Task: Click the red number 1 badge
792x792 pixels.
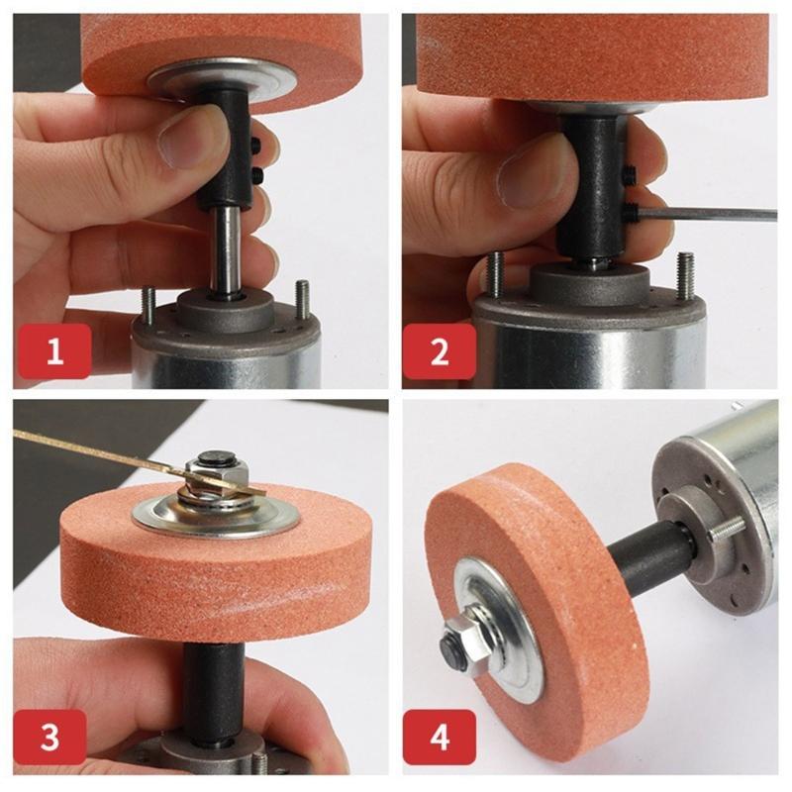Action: coord(54,351)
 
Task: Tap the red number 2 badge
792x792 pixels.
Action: coord(440,351)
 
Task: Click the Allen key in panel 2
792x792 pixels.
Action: coord(713,213)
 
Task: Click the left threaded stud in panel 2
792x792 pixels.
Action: coord(494,272)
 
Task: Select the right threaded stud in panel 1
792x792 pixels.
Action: coord(302,298)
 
